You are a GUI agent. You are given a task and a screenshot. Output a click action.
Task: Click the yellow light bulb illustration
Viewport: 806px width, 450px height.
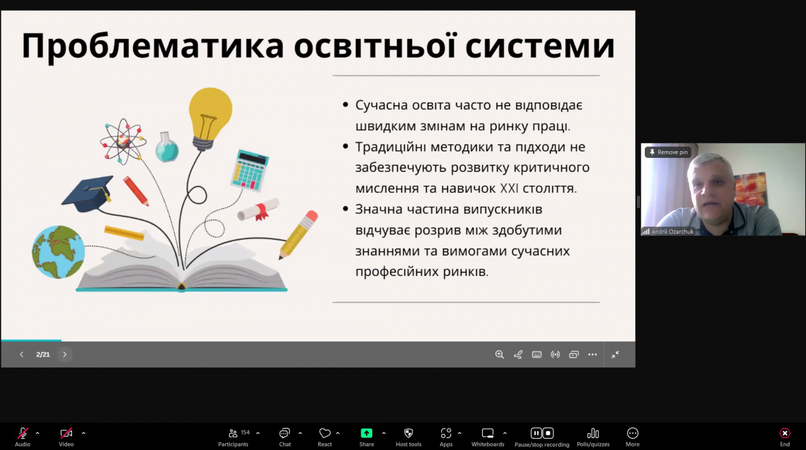(210, 114)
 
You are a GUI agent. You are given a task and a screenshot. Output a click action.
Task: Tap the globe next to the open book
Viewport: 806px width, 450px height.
(58, 252)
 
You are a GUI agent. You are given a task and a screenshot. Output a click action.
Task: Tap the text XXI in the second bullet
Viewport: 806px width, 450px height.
(510, 189)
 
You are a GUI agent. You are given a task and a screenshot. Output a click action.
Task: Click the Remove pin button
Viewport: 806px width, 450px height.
(668, 152)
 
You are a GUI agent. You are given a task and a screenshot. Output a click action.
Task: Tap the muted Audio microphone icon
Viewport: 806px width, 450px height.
(23, 433)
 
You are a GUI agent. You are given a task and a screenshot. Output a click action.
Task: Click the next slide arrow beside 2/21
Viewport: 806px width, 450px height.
(64, 355)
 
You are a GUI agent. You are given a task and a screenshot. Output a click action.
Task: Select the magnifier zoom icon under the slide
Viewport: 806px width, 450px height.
(499, 355)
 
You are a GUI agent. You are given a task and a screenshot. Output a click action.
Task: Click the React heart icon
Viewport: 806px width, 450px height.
(325, 433)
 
